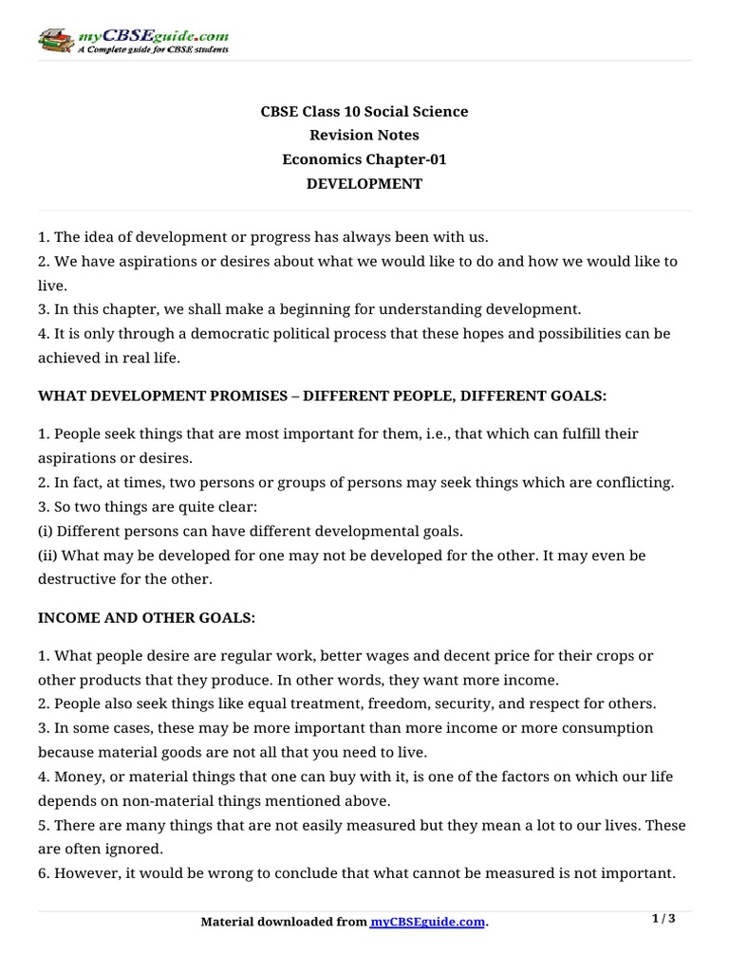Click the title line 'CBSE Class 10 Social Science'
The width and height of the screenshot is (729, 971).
pos(364,112)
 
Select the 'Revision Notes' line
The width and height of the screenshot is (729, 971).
pos(364,136)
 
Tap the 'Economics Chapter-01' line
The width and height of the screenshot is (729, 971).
pos(364,159)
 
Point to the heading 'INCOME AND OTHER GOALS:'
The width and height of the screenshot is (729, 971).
pos(147,618)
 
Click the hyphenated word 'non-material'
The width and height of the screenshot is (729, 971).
pos(139,801)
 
